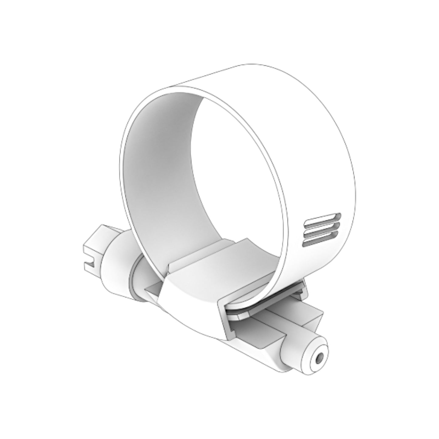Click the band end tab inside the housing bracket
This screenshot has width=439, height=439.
(240, 316)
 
